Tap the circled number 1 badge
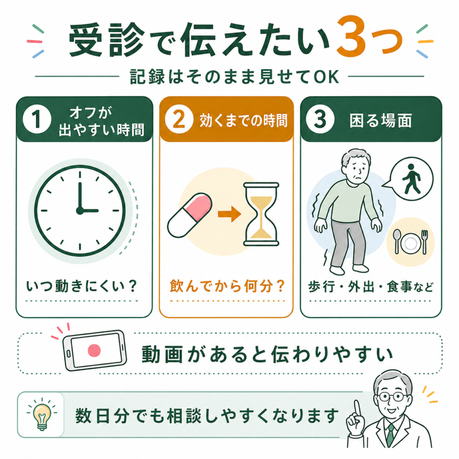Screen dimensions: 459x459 (37, 119)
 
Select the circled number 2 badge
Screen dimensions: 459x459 (179, 119)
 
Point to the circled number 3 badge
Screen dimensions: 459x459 (320, 119)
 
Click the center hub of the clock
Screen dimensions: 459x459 (80, 211)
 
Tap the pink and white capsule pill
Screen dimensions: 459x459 (190, 215)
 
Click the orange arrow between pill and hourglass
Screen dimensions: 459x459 (229, 214)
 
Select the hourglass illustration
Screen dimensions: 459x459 (261, 214)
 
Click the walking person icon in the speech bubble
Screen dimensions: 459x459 (411, 179)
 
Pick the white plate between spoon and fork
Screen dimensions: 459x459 (410, 242)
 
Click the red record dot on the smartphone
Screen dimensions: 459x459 (94, 350)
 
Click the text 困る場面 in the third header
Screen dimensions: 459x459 (381, 120)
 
